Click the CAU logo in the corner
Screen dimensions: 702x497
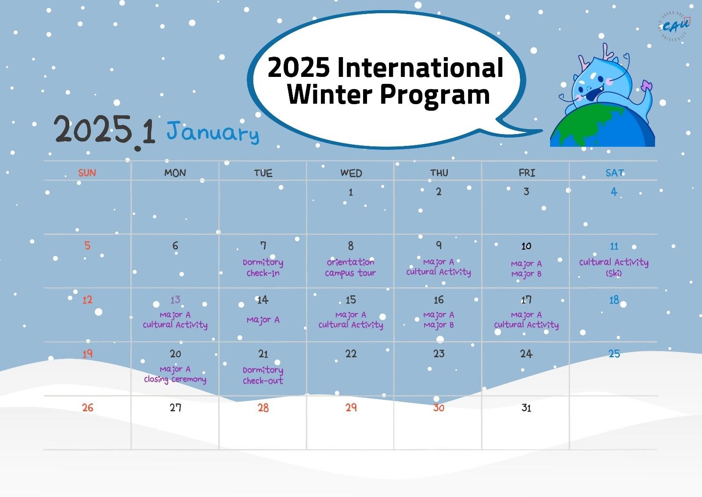[674, 27]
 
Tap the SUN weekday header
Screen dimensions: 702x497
[87, 173]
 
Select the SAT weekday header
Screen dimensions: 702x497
[615, 173]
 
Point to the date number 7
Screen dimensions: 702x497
[263, 245]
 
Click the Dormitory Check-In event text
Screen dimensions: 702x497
[263, 267]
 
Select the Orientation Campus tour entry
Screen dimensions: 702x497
[350, 267]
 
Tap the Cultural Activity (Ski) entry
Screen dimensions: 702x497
[614, 267]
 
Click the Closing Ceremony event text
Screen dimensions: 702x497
[175, 379]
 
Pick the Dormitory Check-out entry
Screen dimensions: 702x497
[263, 375]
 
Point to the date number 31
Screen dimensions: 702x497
[526, 408]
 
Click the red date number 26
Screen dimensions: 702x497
[88, 408]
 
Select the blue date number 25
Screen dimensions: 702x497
[614, 354]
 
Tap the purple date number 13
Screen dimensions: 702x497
[175, 300]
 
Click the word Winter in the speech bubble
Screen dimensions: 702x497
[330, 94]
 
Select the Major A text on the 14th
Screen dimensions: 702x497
[263, 320]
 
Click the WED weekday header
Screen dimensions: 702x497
[351, 173]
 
